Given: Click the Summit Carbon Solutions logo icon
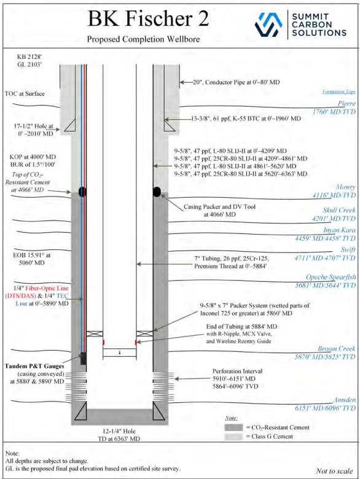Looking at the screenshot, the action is pos(268,25).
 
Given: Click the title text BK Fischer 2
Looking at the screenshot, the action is pos(148,18).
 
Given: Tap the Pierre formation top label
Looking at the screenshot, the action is pos(346,103).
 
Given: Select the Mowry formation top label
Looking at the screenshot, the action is pos(346,187).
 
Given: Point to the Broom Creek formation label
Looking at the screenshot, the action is pos(336,349).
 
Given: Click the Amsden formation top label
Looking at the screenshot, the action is pos(345,400).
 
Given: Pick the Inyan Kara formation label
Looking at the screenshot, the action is pos(339,230).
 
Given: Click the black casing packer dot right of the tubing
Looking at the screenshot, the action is pos(157,192).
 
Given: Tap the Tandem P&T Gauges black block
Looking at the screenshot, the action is pos(83,359).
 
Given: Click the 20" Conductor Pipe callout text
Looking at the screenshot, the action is pos(237,82).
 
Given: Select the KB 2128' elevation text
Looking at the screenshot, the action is pos(29,56).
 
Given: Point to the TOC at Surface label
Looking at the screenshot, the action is pos(25,94).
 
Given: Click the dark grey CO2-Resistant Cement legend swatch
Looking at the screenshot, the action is pos(233,427).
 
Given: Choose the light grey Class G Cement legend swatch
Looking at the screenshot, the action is pos(233,437).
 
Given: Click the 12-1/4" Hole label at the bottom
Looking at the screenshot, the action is pos(119,431).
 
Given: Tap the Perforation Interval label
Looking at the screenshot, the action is pos(238,371).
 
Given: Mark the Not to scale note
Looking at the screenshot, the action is pos(334,471).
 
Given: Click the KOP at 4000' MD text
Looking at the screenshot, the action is pos(33,157).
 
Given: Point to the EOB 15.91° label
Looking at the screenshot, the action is pos(32,255).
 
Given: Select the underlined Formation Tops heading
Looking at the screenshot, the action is pos(339,92).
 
